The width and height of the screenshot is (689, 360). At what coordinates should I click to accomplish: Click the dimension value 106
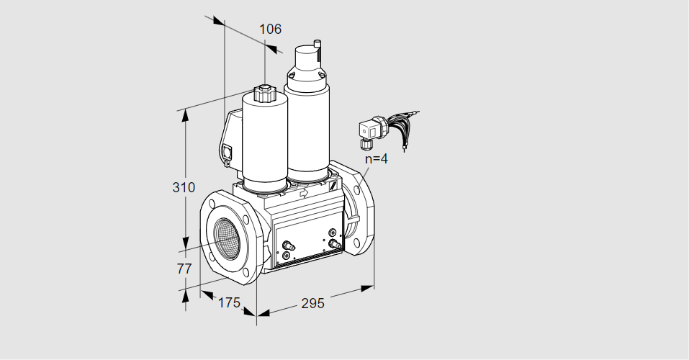(x=270, y=30)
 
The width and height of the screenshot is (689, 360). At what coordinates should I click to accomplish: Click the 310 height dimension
(x=184, y=188)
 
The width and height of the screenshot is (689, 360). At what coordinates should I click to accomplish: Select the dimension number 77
(x=184, y=269)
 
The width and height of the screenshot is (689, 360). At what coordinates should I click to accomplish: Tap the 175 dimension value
(x=228, y=303)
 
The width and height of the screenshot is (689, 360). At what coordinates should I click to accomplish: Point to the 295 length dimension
(x=312, y=303)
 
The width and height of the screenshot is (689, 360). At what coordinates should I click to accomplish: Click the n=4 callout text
(x=375, y=159)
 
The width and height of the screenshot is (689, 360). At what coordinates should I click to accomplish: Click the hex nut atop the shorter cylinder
(x=264, y=93)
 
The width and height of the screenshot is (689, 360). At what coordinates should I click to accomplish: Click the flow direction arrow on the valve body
(x=303, y=192)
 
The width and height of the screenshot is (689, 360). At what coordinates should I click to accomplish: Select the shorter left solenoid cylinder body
(x=264, y=144)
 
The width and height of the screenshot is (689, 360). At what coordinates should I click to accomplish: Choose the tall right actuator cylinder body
(x=308, y=130)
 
